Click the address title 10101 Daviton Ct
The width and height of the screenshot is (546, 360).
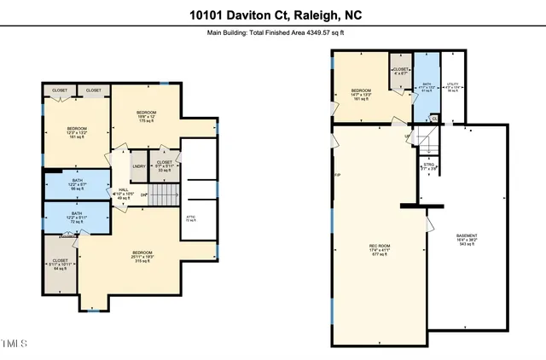272,15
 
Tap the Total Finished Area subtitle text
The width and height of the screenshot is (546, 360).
272,33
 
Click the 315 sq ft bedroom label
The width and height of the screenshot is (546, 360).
142,255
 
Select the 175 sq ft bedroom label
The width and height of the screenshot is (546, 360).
148,116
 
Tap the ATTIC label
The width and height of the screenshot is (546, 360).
191,218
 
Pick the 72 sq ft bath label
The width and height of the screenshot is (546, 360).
77,217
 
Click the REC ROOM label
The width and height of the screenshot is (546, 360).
380,249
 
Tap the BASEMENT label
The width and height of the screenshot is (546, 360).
467,238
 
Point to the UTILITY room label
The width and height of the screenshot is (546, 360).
453,86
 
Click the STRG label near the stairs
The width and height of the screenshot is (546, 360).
429,168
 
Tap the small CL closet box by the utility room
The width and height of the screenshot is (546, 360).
433,119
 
